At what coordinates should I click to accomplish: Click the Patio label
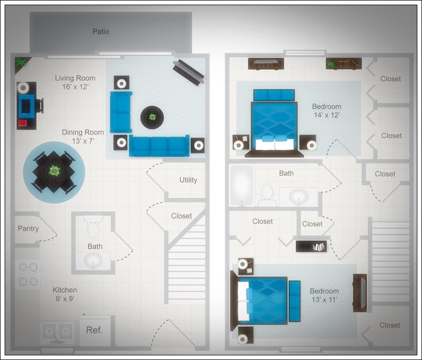[x=101, y=31]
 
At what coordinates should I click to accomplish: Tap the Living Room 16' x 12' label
[x=75, y=82]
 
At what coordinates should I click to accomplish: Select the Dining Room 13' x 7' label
[x=83, y=136]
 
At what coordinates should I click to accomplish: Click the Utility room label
[x=188, y=180]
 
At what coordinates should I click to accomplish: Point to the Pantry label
[x=28, y=229]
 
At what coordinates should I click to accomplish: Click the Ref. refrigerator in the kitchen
[x=94, y=330]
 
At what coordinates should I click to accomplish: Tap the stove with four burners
[x=28, y=274]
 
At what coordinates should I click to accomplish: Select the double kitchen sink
[x=58, y=331]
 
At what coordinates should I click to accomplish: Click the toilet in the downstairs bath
[x=94, y=228]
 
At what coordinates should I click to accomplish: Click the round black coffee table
[x=152, y=117]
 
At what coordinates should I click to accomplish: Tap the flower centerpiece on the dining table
[x=54, y=170]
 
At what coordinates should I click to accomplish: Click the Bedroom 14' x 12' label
[x=326, y=111]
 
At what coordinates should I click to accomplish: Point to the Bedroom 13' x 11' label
[x=324, y=295]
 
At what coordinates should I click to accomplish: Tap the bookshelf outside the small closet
[x=311, y=247]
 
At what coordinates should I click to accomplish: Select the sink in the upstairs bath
[x=298, y=196]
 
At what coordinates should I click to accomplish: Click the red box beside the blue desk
[x=23, y=123]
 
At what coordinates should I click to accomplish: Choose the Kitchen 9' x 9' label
[x=65, y=294]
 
